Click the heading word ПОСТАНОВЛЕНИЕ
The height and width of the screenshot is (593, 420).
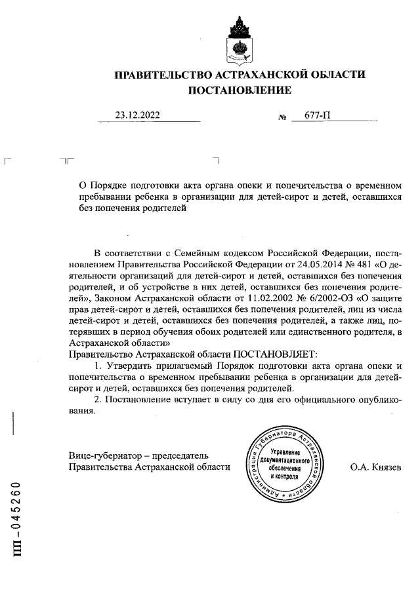point(239,90)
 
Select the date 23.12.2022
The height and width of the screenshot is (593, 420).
point(137,115)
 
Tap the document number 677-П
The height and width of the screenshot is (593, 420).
point(316,115)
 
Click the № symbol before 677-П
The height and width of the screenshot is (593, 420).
point(283,117)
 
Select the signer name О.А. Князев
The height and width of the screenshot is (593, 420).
point(376,467)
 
